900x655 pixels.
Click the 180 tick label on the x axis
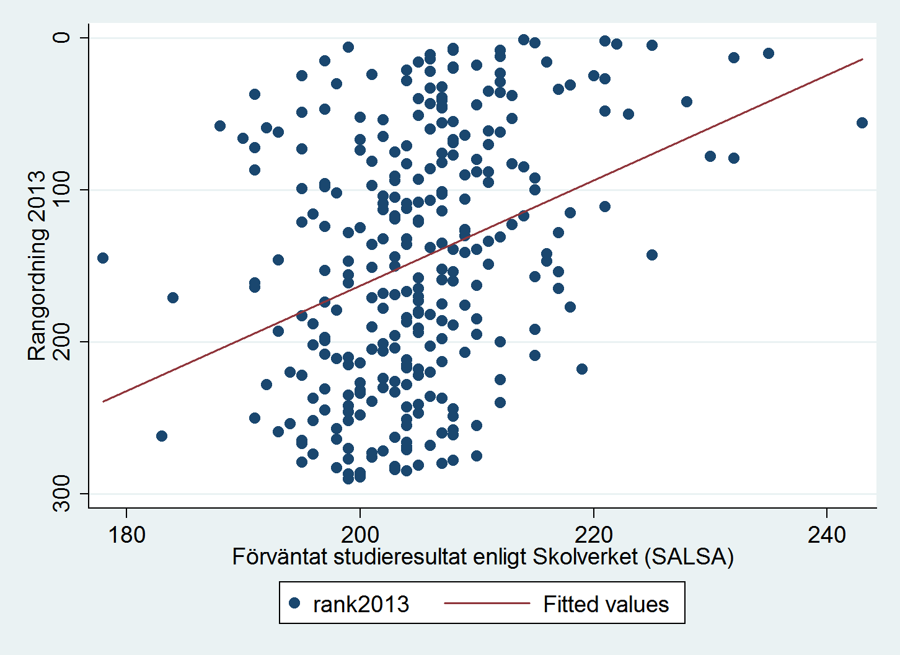126,535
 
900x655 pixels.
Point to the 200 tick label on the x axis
360,535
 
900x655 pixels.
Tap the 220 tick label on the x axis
594,535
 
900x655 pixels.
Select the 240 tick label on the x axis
827,535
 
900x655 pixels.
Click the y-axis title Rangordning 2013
38,265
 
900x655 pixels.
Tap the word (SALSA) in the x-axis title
689,556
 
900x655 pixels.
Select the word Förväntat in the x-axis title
280,556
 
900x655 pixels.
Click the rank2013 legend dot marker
295,603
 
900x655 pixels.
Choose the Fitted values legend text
606,604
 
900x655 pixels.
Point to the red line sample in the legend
487,603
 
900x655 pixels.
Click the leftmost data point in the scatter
103,258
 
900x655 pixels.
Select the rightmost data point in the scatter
862,123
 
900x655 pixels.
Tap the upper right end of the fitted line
862,59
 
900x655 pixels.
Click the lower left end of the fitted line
103,401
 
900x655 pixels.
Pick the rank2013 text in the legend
361,604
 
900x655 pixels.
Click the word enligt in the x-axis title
500,556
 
